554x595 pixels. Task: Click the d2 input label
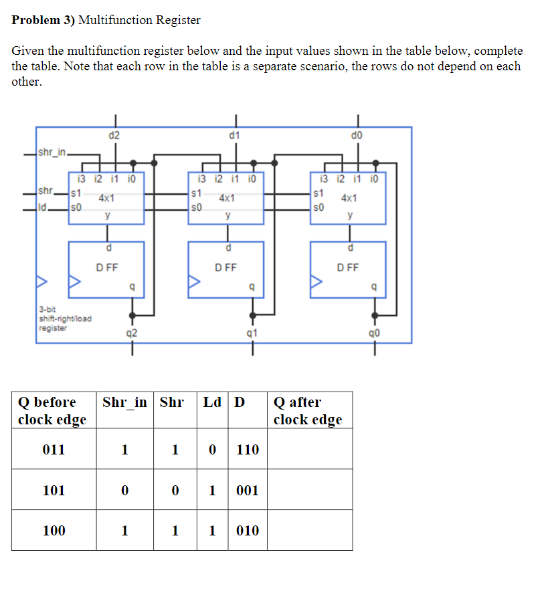coord(114,136)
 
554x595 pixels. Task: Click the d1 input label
coord(234,136)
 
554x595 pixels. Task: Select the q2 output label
coord(132,333)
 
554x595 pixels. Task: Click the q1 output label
coord(252,333)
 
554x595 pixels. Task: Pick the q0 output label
coord(375,333)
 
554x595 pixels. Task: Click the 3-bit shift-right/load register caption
coord(64,319)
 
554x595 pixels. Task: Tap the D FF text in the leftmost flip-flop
coord(106,268)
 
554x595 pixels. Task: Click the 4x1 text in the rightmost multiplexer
coord(349,199)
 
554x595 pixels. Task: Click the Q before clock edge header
coord(52,411)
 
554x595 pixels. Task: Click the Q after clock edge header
coord(307,411)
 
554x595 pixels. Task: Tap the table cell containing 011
coord(54,450)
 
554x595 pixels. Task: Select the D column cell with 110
coord(248,450)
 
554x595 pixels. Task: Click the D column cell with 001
coord(248,491)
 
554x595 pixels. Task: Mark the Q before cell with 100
coord(54,531)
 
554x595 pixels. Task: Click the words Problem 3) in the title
coord(43,20)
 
